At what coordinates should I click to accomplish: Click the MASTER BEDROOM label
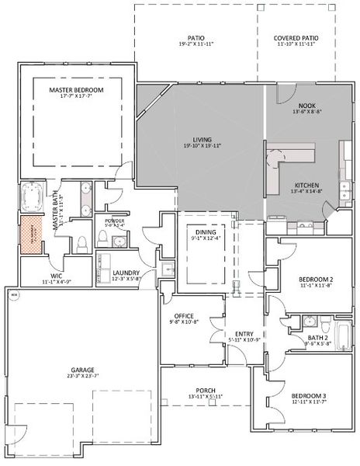76,90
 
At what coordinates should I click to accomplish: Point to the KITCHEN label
305,186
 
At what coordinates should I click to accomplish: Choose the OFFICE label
184,316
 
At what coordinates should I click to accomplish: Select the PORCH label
206,391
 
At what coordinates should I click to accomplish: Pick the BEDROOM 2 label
315,280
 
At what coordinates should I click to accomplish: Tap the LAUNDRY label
125,273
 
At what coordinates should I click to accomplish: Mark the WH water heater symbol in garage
13,296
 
